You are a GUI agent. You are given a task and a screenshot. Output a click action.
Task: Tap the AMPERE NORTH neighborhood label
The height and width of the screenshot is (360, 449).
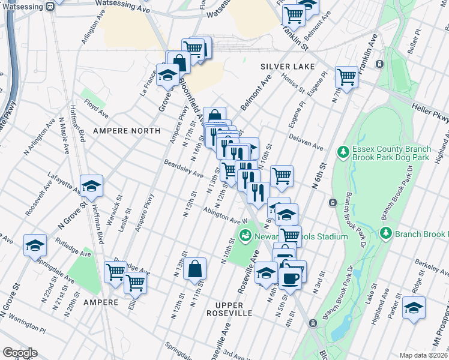coord(127,130)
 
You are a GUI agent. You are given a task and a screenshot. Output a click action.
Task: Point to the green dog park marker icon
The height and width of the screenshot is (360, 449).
coord(343,151)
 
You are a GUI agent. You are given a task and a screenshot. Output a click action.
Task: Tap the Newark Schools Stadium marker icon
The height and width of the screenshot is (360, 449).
coord(245,236)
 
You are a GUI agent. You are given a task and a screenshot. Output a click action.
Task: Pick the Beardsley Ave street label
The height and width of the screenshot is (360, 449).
coord(184,169)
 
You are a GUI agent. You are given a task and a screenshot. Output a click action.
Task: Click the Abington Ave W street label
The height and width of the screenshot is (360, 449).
coord(226,215)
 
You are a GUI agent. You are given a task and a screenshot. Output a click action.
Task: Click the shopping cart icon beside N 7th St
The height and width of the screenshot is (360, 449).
coord(347,76)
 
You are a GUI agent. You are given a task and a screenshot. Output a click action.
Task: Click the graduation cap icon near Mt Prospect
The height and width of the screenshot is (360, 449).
coord(414,307)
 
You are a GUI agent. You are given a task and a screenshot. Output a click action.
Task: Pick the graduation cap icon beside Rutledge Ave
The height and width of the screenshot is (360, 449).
coord(35,245)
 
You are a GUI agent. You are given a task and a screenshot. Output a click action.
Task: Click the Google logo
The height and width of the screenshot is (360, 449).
coord(20,353)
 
